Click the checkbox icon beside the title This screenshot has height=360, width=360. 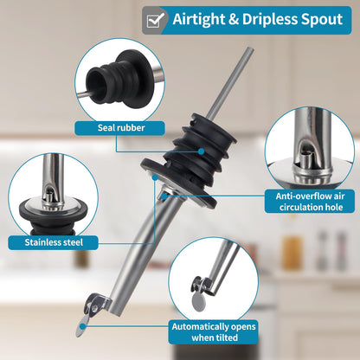156,20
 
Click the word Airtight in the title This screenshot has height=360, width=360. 199,19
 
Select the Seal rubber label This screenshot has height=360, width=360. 120,128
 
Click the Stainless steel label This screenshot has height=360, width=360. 53,242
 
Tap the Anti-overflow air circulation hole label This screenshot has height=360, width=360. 310,202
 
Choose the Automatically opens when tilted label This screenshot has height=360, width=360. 214,332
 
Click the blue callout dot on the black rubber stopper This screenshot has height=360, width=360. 202,151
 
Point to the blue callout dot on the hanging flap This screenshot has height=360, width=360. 83,326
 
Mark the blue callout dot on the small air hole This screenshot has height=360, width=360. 164,196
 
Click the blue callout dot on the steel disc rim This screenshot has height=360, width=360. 155,177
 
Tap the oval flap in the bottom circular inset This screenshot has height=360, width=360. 199,301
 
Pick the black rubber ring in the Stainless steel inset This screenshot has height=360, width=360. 53,215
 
